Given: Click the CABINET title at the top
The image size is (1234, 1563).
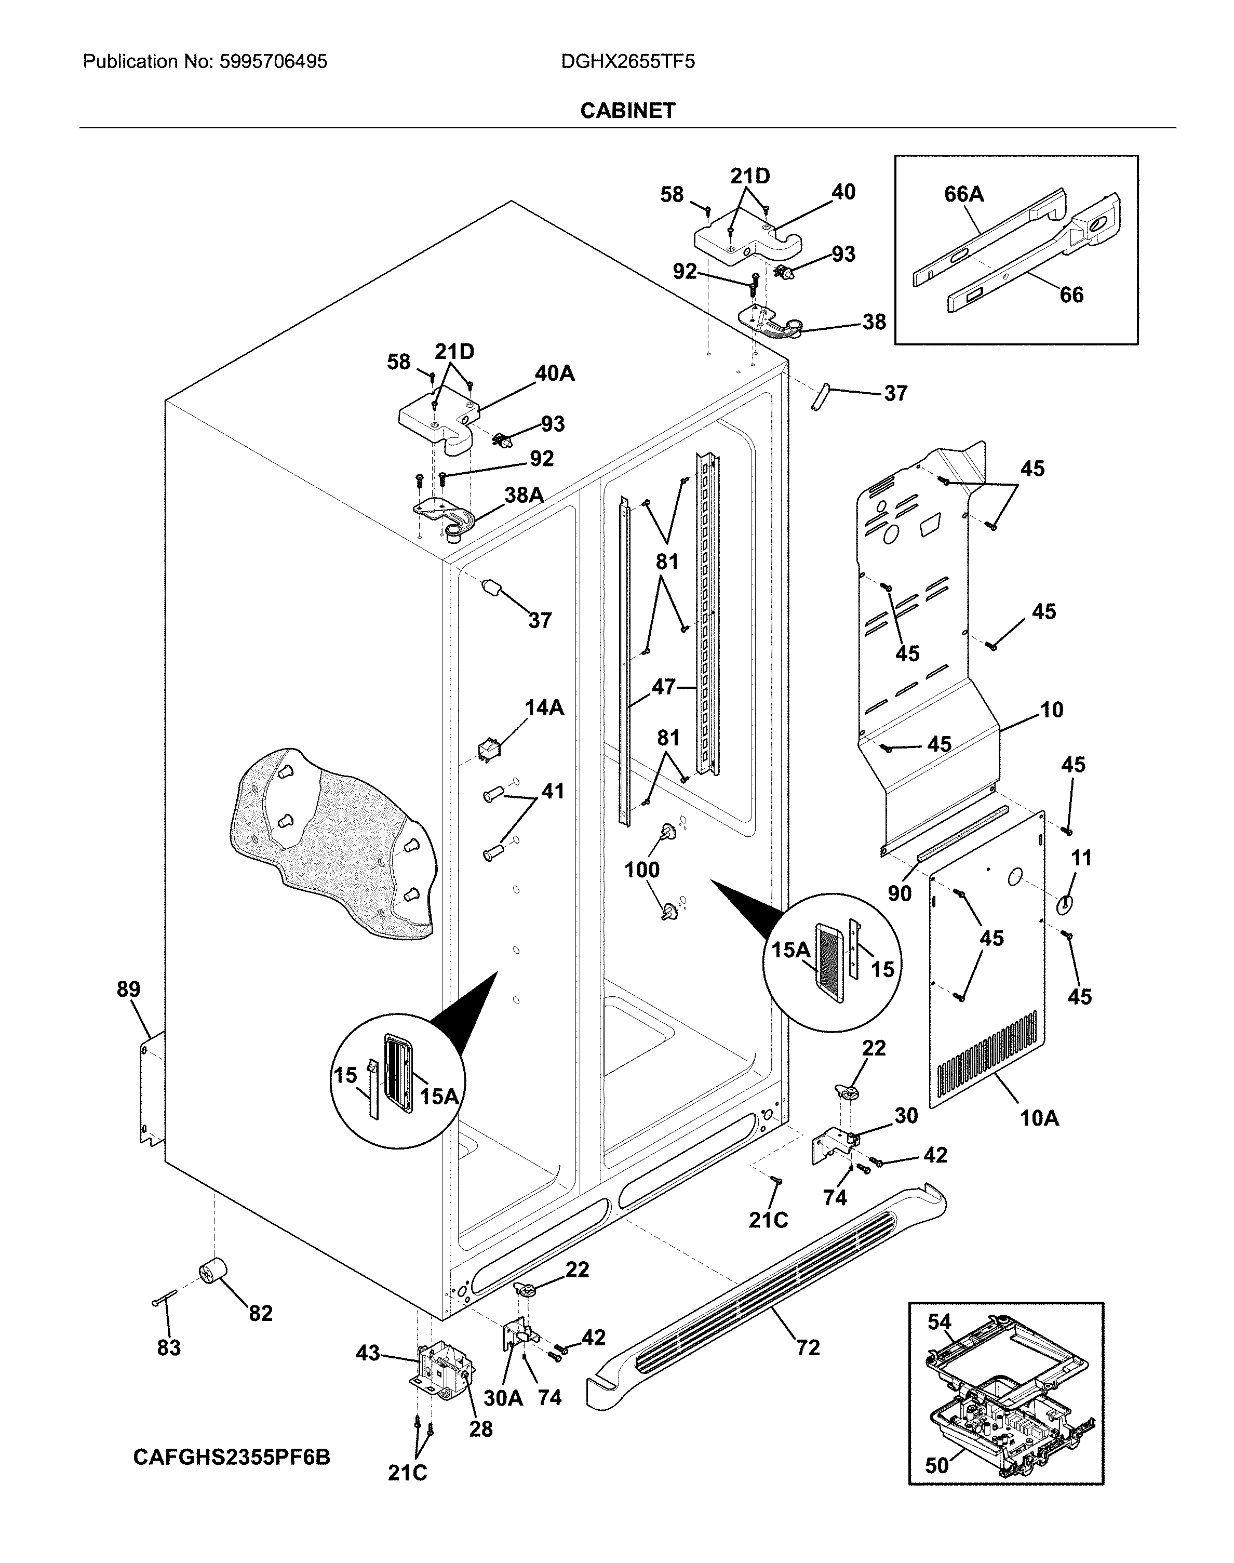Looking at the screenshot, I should coord(627,111).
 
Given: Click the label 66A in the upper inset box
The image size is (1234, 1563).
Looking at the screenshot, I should coord(964,194).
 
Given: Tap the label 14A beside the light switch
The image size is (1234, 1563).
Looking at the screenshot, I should coord(544,707).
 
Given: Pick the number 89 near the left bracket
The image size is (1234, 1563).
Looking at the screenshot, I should coord(129,989).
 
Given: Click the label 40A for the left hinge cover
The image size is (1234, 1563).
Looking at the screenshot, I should coord(554,373).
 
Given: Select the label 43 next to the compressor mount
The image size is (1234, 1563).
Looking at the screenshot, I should coord(368,1353).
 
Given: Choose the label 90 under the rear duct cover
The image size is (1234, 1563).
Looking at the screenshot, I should coord(900,894).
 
